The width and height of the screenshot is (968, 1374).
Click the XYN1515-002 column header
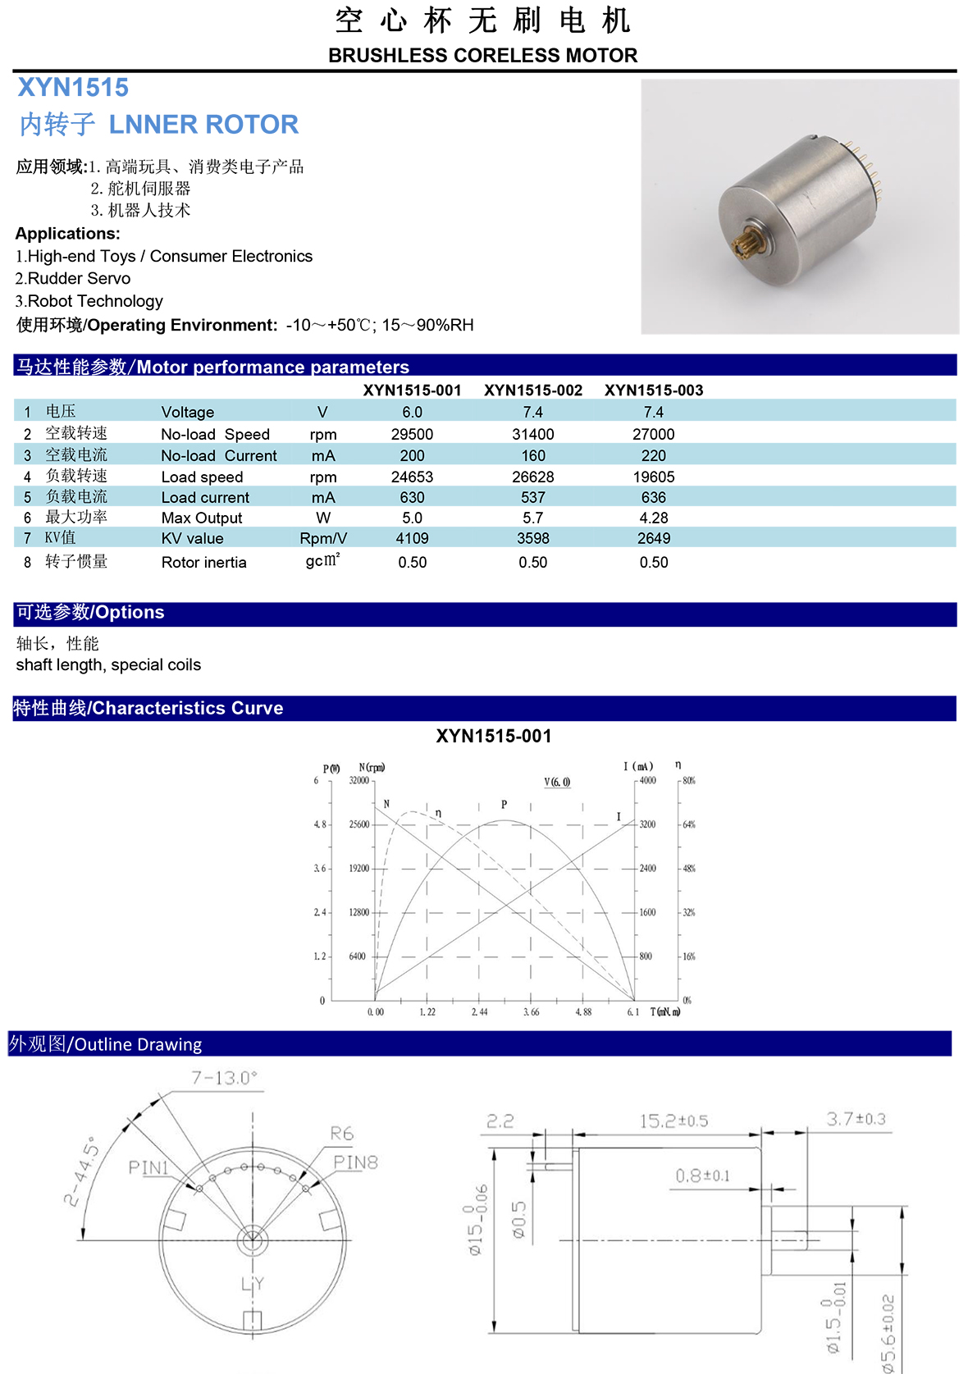[533, 390]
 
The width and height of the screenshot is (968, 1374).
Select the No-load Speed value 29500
[412, 434]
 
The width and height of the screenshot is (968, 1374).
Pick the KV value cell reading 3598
[533, 538]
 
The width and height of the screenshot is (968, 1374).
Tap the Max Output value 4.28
[654, 518]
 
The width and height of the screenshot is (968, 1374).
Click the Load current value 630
[412, 497]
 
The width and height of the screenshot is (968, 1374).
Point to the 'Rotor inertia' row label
[203, 562]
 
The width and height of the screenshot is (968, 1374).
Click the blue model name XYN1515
[73, 88]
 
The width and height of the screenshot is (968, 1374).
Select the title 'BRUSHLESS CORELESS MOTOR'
[482, 56]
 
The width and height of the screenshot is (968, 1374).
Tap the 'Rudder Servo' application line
[73, 278]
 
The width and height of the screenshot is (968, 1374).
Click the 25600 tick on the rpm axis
[359, 824]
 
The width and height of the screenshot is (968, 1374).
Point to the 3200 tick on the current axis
[647, 824]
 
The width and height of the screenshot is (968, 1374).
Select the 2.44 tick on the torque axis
[479, 1012]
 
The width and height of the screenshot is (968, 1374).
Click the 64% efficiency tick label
[689, 824]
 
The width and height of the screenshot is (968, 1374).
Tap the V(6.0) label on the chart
[557, 782]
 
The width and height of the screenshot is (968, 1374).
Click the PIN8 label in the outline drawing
[355, 1162]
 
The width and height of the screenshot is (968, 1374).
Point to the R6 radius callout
[342, 1134]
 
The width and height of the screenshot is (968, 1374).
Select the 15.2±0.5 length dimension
[673, 1121]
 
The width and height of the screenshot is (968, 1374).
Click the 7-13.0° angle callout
[224, 1078]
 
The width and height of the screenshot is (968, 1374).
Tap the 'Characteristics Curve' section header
[148, 708]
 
